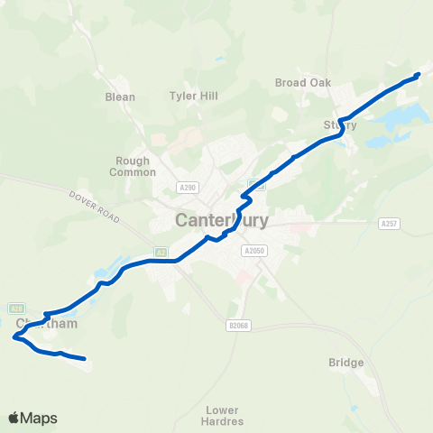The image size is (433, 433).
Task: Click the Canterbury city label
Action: pos(221,220)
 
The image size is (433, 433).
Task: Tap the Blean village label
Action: pos(120,97)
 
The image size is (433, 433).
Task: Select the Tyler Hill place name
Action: pos(189,95)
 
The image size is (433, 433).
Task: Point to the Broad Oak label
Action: pos(303,82)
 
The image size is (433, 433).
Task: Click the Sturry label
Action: pos(340,125)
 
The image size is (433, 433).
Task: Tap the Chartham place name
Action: pos(41,323)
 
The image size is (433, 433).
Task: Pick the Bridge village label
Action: pos(346,363)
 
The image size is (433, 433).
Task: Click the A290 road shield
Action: pos(188,187)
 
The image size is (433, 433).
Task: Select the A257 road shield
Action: pos(389,223)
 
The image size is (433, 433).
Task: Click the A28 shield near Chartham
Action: pos(16,307)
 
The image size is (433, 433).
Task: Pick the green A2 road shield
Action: pos(160,252)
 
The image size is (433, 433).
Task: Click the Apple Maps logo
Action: pos(32,418)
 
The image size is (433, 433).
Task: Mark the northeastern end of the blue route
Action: pos(419,75)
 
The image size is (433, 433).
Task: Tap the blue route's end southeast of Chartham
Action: pos(84,359)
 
